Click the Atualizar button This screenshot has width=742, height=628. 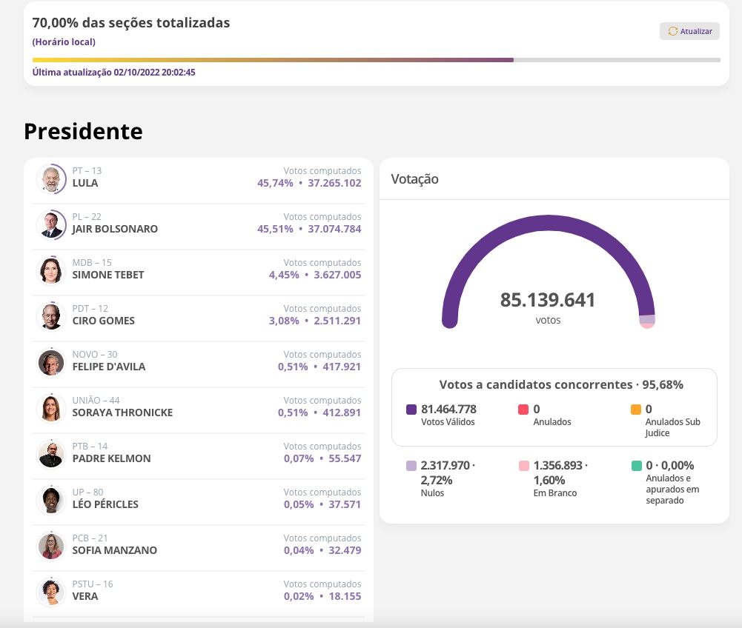point(689,31)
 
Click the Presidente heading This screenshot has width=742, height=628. point(83,131)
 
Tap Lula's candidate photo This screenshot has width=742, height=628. point(51,179)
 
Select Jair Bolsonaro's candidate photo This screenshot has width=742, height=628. point(51,225)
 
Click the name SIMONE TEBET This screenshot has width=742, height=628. point(108,275)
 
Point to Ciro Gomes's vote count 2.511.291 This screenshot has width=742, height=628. point(337,321)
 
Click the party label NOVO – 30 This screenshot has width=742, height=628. point(95,355)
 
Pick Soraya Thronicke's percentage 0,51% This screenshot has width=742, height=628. point(293,412)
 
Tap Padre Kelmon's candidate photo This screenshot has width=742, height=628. point(51,455)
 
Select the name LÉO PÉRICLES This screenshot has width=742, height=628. point(105,504)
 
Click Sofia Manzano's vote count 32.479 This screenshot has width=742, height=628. point(343,550)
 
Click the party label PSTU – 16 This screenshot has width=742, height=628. point(93,584)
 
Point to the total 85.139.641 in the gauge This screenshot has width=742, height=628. point(548,300)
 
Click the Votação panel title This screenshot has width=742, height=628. point(414,179)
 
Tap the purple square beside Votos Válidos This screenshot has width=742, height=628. point(411,410)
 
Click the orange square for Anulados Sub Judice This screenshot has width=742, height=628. point(636,410)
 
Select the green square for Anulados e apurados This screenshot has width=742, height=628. point(636,466)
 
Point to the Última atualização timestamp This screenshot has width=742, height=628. point(114,73)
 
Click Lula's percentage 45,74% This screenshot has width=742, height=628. point(275,183)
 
